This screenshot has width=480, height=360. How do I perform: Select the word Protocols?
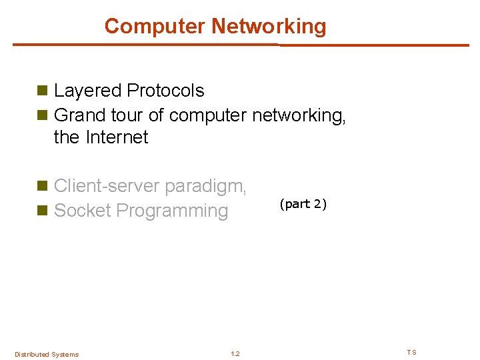(165, 91)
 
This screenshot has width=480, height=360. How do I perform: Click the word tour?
(127, 115)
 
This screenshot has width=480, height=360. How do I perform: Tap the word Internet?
(117, 137)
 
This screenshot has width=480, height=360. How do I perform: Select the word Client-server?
(107, 186)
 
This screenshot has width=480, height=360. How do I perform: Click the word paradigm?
(206, 186)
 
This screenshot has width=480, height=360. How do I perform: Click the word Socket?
(82, 211)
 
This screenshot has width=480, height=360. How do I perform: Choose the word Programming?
(172, 211)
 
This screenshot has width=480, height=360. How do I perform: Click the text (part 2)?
(303, 204)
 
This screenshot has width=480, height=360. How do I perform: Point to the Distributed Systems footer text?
(47, 354)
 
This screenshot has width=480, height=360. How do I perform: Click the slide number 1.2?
(235, 354)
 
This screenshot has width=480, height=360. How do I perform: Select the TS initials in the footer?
(411, 352)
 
